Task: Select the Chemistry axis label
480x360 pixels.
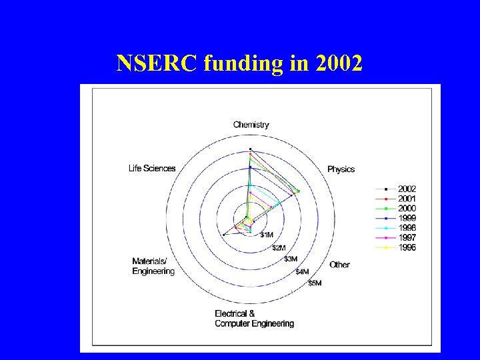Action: click(251, 125)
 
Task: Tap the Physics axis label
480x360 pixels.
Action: click(341, 169)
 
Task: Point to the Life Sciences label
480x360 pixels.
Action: click(152, 168)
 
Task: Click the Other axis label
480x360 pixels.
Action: click(339, 265)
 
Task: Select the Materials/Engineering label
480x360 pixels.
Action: click(153, 266)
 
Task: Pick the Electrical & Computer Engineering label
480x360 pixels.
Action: click(254, 319)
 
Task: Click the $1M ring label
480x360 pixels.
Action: click(267, 235)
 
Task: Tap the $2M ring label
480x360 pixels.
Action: click(280, 247)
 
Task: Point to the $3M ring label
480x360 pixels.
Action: click(291, 259)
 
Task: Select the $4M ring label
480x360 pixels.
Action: click(302, 271)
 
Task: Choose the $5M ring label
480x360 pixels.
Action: click(315, 283)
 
